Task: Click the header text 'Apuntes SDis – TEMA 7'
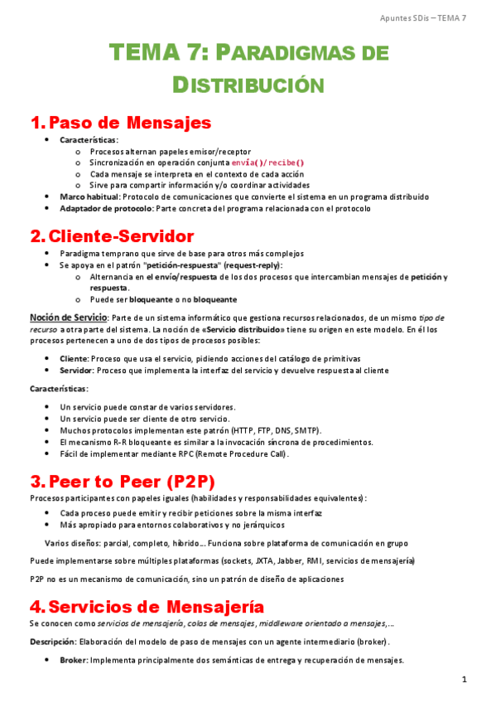(422, 18)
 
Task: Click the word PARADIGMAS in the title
(302, 54)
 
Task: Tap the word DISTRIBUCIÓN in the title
(248, 85)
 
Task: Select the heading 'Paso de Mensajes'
(130, 124)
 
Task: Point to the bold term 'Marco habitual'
(89, 197)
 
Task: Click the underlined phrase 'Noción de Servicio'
(68, 318)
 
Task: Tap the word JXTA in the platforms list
(279, 560)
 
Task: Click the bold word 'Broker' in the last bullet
(74, 661)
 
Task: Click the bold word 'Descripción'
(52, 642)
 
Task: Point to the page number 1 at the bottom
(465, 681)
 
